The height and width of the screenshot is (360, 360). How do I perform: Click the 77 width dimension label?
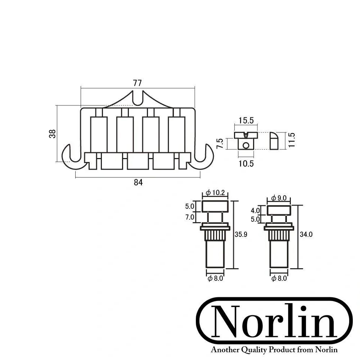point(137,83)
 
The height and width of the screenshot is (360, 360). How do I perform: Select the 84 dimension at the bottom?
point(138,183)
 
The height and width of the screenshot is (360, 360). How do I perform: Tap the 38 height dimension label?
point(53,134)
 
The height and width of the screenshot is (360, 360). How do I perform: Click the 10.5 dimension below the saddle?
point(246,164)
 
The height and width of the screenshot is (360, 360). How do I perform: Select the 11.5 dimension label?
point(291,140)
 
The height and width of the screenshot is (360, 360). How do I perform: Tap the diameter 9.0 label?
point(279,198)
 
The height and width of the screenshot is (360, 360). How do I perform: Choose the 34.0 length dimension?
point(306,234)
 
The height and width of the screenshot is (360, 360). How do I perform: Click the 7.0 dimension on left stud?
point(190,217)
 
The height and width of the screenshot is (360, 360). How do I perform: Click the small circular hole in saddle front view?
point(246,145)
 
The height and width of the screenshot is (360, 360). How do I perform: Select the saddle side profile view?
point(274,141)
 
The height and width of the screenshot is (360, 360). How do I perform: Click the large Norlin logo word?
point(274,321)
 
